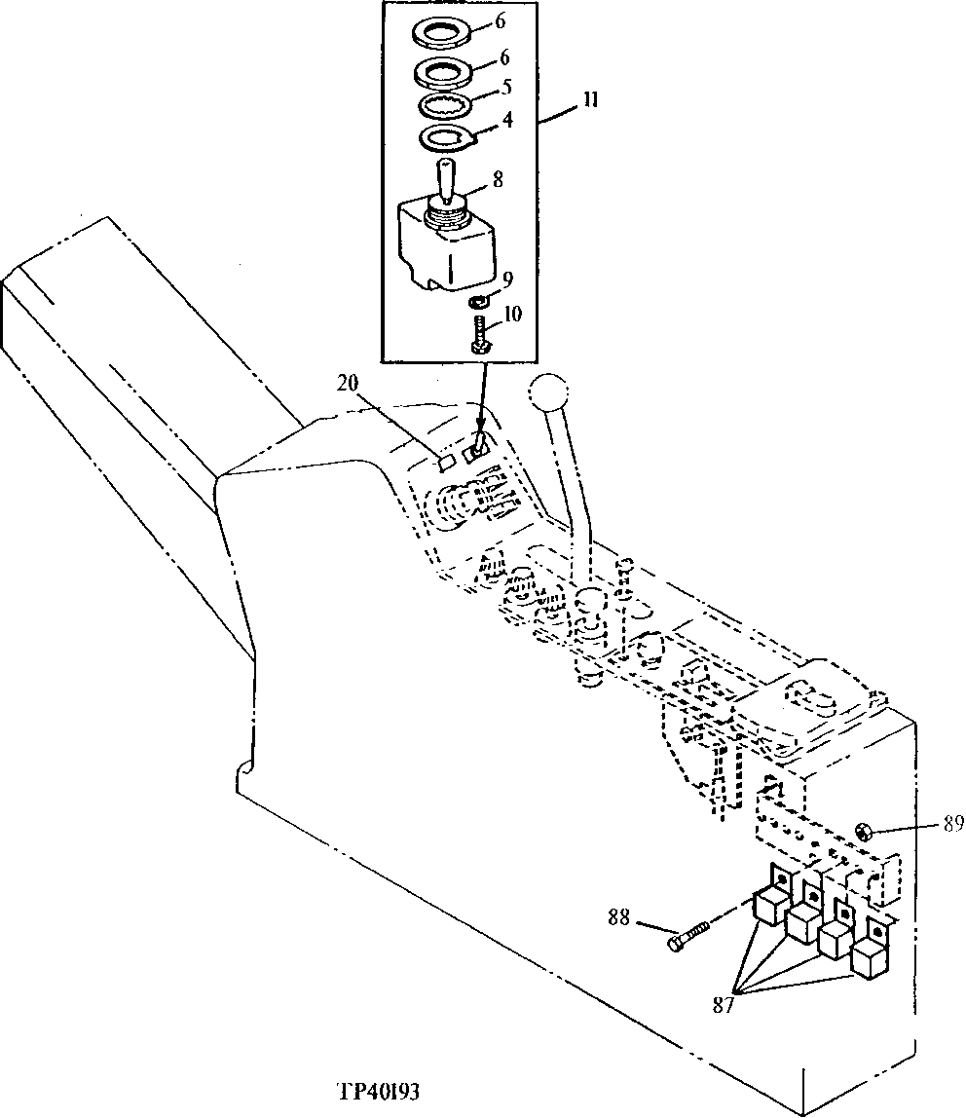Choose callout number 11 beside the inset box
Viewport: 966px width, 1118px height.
pos(591,100)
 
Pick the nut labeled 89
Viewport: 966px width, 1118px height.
pos(862,831)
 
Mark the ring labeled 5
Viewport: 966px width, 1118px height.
pos(448,105)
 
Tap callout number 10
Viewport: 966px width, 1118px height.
pos(513,314)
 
